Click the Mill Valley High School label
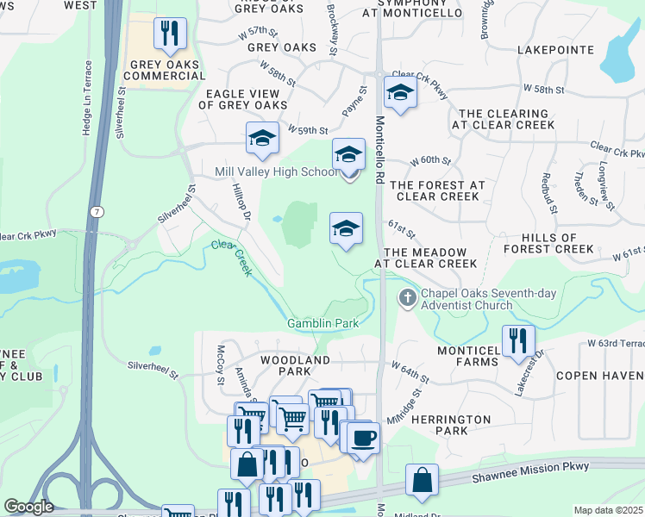click(x=276, y=171)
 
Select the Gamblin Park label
click(x=322, y=324)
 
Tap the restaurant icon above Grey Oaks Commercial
click(x=170, y=34)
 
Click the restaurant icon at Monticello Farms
click(x=518, y=339)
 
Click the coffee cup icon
click(x=363, y=437)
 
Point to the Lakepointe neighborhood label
click(x=556, y=50)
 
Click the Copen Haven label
click(x=599, y=376)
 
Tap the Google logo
click(x=28, y=507)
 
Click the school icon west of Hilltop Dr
click(x=262, y=138)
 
